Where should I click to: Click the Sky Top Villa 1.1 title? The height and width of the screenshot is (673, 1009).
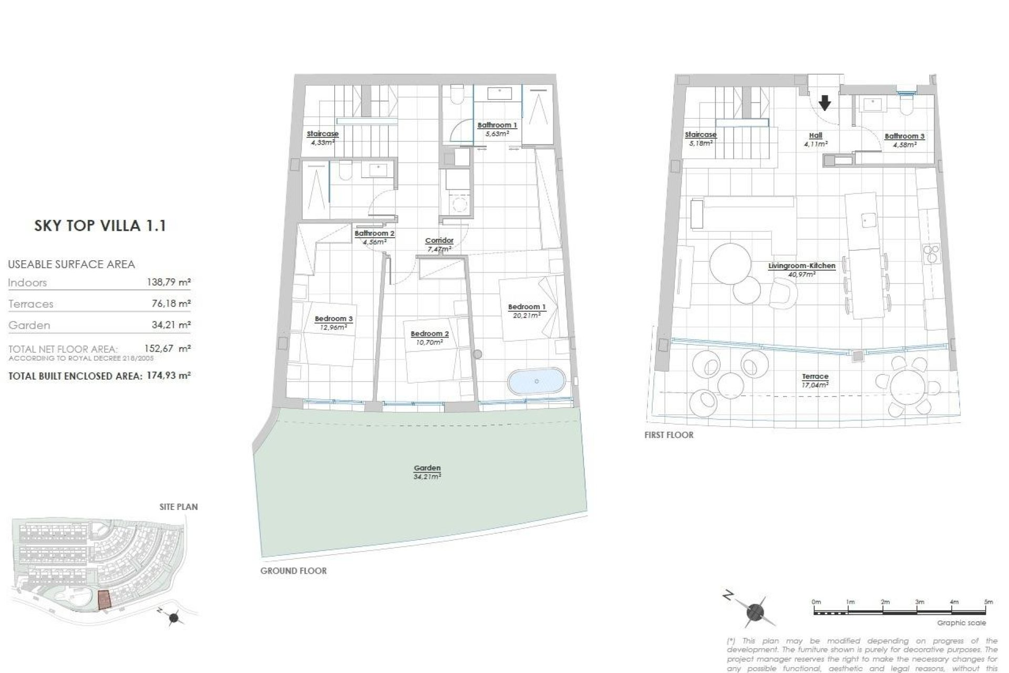click(x=100, y=226)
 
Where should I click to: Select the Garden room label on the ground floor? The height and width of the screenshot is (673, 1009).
click(x=427, y=468)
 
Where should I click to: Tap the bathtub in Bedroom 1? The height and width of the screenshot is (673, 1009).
click(x=536, y=381)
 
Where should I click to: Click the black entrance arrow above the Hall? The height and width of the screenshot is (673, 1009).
click(x=825, y=103)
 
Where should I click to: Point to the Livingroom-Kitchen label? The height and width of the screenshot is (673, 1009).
click(x=801, y=266)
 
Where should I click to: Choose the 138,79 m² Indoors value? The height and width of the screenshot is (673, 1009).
click(x=168, y=282)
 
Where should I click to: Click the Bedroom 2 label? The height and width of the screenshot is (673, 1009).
click(x=429, y=334)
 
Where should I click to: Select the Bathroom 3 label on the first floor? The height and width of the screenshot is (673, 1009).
click(x=904, y=136)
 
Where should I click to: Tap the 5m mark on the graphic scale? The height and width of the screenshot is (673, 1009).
click(x=988, y=602)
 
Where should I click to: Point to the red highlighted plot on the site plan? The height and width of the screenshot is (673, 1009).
click(x=105, y=599)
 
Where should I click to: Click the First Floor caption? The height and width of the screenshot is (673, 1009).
click(x=668, y=435)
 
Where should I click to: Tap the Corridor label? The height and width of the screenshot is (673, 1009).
click(x=439, y=241)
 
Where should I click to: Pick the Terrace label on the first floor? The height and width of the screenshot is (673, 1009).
click(x=815, y=376)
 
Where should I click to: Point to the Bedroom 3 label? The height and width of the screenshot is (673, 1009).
click(x=333, y=319)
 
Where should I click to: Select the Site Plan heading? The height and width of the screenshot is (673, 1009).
click(x=179, y=507)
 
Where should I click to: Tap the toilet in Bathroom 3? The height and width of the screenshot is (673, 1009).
click(x=907, y=107)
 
